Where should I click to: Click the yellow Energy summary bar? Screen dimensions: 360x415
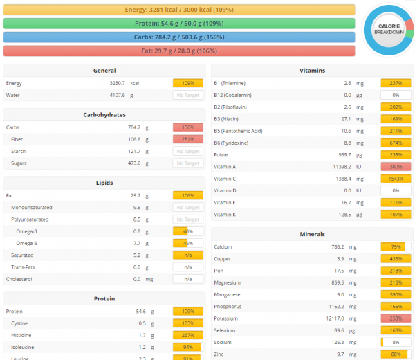[x=179, y=10]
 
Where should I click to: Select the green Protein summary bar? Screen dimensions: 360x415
[x=179, y=24]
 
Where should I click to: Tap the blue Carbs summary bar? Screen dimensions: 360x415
[x=179, y=37]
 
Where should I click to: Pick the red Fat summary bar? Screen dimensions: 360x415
[x=179, y=51]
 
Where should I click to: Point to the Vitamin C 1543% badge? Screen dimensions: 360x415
[x=396, y=179]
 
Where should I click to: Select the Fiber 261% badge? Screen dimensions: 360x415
[x=187, y=139]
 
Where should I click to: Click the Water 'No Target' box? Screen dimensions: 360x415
[x=187, y=95]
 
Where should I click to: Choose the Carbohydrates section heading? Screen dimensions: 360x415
[x=104, y=115]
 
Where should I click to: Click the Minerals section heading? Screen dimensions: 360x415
[x=312, y=234]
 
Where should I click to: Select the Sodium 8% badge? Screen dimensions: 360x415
[x=396, y=342]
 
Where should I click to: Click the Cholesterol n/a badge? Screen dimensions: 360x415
[x=187, y=279]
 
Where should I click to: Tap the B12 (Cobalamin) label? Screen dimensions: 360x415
[x=232, y=95]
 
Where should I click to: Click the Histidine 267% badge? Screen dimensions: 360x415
[x=187, y=336]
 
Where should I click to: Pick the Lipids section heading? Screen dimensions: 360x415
[x=104, y=183]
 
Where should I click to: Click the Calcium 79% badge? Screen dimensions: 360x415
[x=396, y=246]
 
